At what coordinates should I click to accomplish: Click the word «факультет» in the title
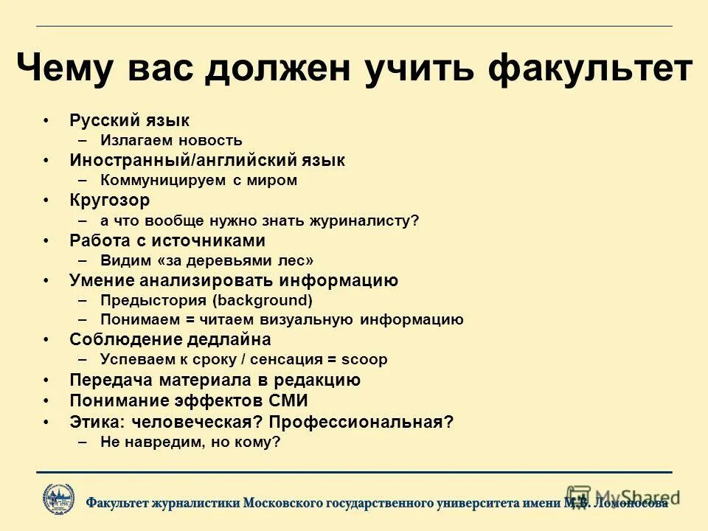(x=591, y=70)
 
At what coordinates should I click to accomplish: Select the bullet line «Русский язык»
(x=130, y=120)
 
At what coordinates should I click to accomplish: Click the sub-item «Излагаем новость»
(x=171, y=140)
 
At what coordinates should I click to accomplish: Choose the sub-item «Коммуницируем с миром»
(x=198, y=180)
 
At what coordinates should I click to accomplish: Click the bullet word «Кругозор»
(x=110, y=200)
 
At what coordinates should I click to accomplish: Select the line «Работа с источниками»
(x=167, y=240)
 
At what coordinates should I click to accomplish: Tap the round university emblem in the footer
(x=58, y=498)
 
